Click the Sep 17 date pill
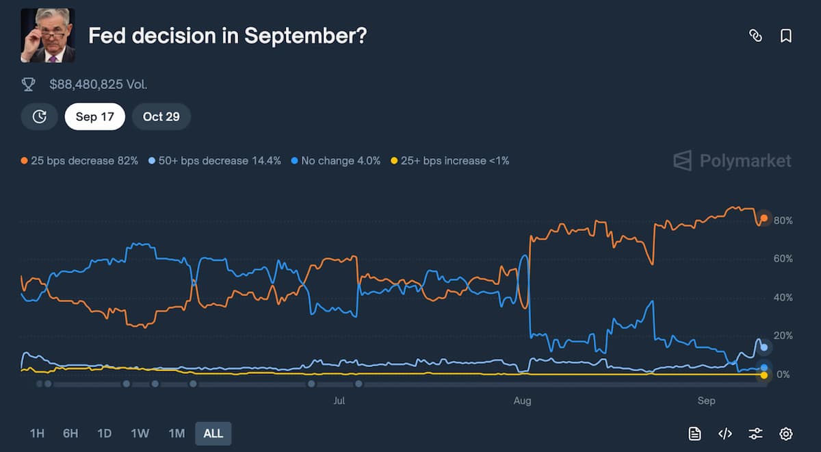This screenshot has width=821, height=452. point(94,116)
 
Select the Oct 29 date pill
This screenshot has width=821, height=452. point(161,116)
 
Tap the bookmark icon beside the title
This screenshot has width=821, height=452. point(786,36)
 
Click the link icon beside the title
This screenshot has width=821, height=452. point(755,36)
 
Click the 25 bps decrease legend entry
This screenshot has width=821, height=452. point(79,161)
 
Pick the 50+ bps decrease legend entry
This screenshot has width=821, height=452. point(215,161)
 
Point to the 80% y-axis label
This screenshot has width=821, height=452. point(783,221)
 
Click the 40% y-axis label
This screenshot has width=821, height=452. point(783,298)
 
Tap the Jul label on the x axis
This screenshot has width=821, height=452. point(339,401)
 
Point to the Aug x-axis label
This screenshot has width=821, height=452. point(522,401)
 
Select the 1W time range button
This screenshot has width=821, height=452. point(140,434)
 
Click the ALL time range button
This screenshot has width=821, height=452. point(213,434)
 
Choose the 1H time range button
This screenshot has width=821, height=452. point(37,434)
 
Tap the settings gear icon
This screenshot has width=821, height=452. point(786,434)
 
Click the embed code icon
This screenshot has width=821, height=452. point(725,434)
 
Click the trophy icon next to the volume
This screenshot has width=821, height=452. point(29,85)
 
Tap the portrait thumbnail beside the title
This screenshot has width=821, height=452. point(48,36)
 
